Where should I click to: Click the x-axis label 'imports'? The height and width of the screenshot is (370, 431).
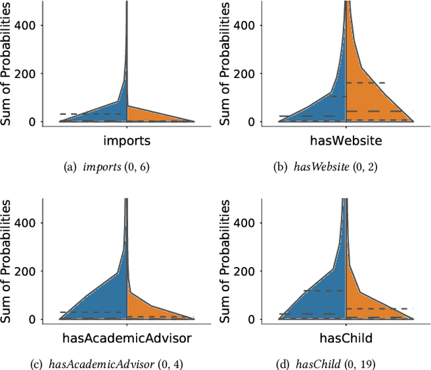127,142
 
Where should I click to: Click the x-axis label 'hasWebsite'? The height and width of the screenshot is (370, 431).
345,142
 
